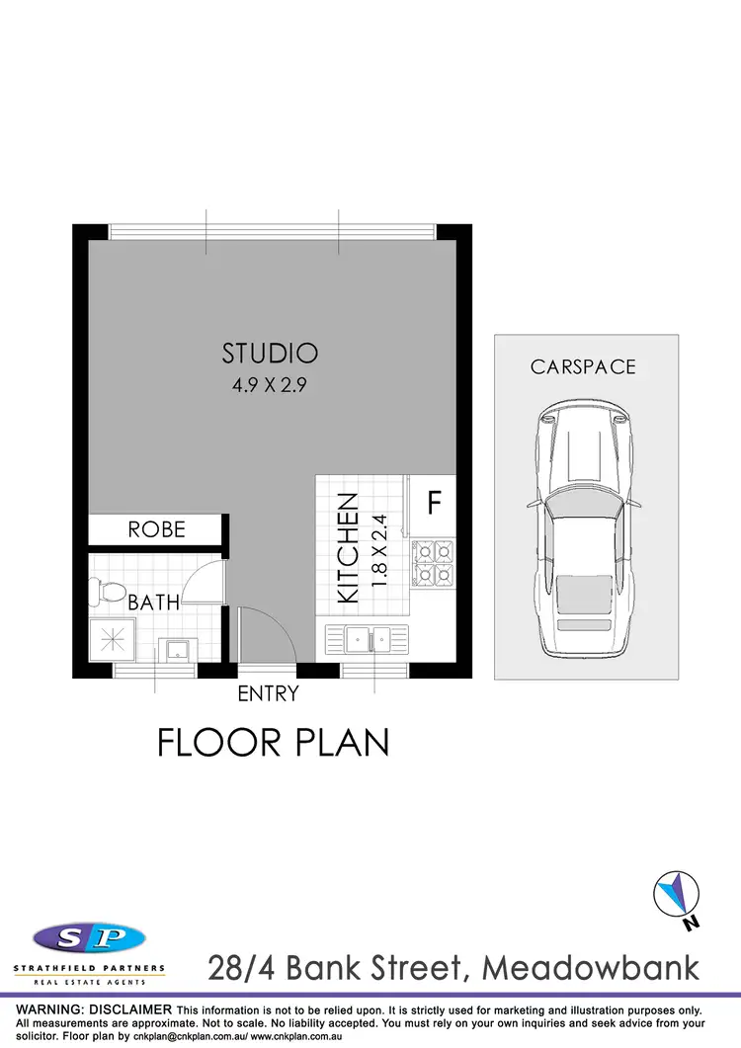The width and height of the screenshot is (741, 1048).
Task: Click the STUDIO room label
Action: click(x=270, y=353)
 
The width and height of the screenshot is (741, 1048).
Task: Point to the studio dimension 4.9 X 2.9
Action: click(x=270, y=386)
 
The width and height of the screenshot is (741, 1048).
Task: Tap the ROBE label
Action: click(x=156, y=529)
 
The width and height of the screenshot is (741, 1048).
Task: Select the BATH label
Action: click(x=153, y=601)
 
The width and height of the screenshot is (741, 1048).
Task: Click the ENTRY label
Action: click(x=268, y=694)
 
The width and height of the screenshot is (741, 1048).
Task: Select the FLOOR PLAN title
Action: click(x=274, y=742)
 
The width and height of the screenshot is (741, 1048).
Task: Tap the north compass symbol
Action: click(x=677, y=896)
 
